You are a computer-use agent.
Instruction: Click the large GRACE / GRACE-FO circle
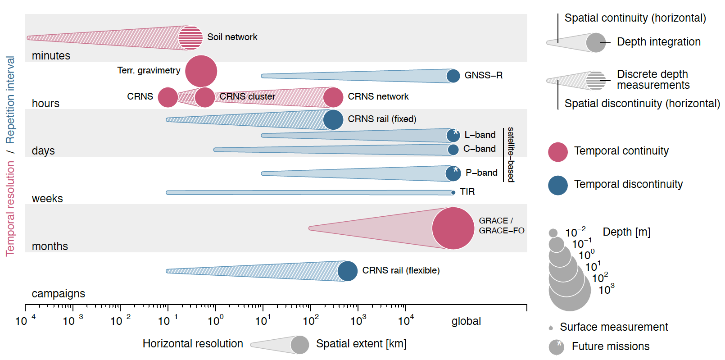pyautogui.click(x=453, y=228)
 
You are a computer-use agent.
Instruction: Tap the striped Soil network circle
pyautogui.click(x=190, y=38)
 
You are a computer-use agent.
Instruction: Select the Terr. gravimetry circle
pyautogui.click(x=201, y=71)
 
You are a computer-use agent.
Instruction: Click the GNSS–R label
pyautogui.click(x=483, y=75)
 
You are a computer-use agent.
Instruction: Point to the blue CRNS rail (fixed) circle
pyautogui.click(x=333, y=119)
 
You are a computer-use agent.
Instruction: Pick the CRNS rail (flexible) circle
pyautogui.click(x=347, y=271)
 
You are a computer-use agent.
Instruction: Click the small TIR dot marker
pyautogui.click(x=453, y=192)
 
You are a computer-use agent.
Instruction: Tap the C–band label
pyautogui.click(x=479, y=149)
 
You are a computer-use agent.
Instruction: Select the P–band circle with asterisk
pyautogui.click(x=453, y=173)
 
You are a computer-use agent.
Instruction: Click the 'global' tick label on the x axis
pyautogui.click(x=466, y=321)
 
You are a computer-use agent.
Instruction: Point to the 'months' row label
pyautogui.click(x=50, y=246)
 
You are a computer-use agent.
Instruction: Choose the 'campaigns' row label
pyautogui.click(x=58, y=294)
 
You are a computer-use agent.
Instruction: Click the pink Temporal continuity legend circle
pyautogui.click(x=558, y=152)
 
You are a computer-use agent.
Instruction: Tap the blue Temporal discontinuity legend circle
pyautogui.click(x=558, y=185)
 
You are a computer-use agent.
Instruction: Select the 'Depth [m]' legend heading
pyautogui.click(x=626, y=232)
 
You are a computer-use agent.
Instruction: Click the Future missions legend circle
pyautogui.click(x=557, y=347)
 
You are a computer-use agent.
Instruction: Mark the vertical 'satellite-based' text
pyautogui.click(x=511, y=155)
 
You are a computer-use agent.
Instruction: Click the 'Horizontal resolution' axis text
pyautogui.click(x=193, y=344)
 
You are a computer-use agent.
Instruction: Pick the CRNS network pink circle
pyautogui.click(x=333, y=97)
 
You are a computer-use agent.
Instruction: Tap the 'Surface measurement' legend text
pyautogui.click(x=614, y=327)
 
